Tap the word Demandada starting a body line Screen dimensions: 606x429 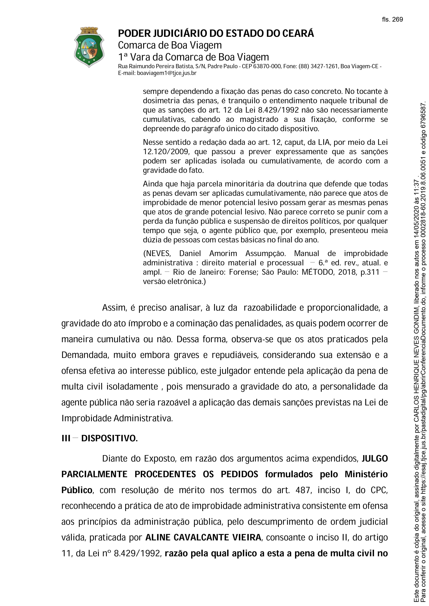pyautogui.click(x=85, y=355)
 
